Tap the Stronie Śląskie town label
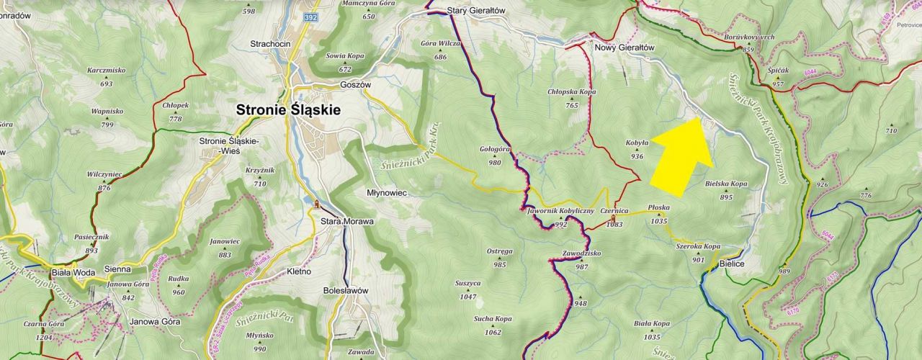coord(289,110)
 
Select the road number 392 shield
coord(310,17)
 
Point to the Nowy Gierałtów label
coord(624,48)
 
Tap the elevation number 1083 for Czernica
coord(614,225)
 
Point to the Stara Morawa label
coord(347,222)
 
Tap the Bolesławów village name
coord(345,290)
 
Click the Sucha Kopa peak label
coord(493,318)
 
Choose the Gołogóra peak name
coord(495,149)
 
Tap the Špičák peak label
coord(779,72)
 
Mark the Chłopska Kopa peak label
coord(572,92)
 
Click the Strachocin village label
coord(270,44)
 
